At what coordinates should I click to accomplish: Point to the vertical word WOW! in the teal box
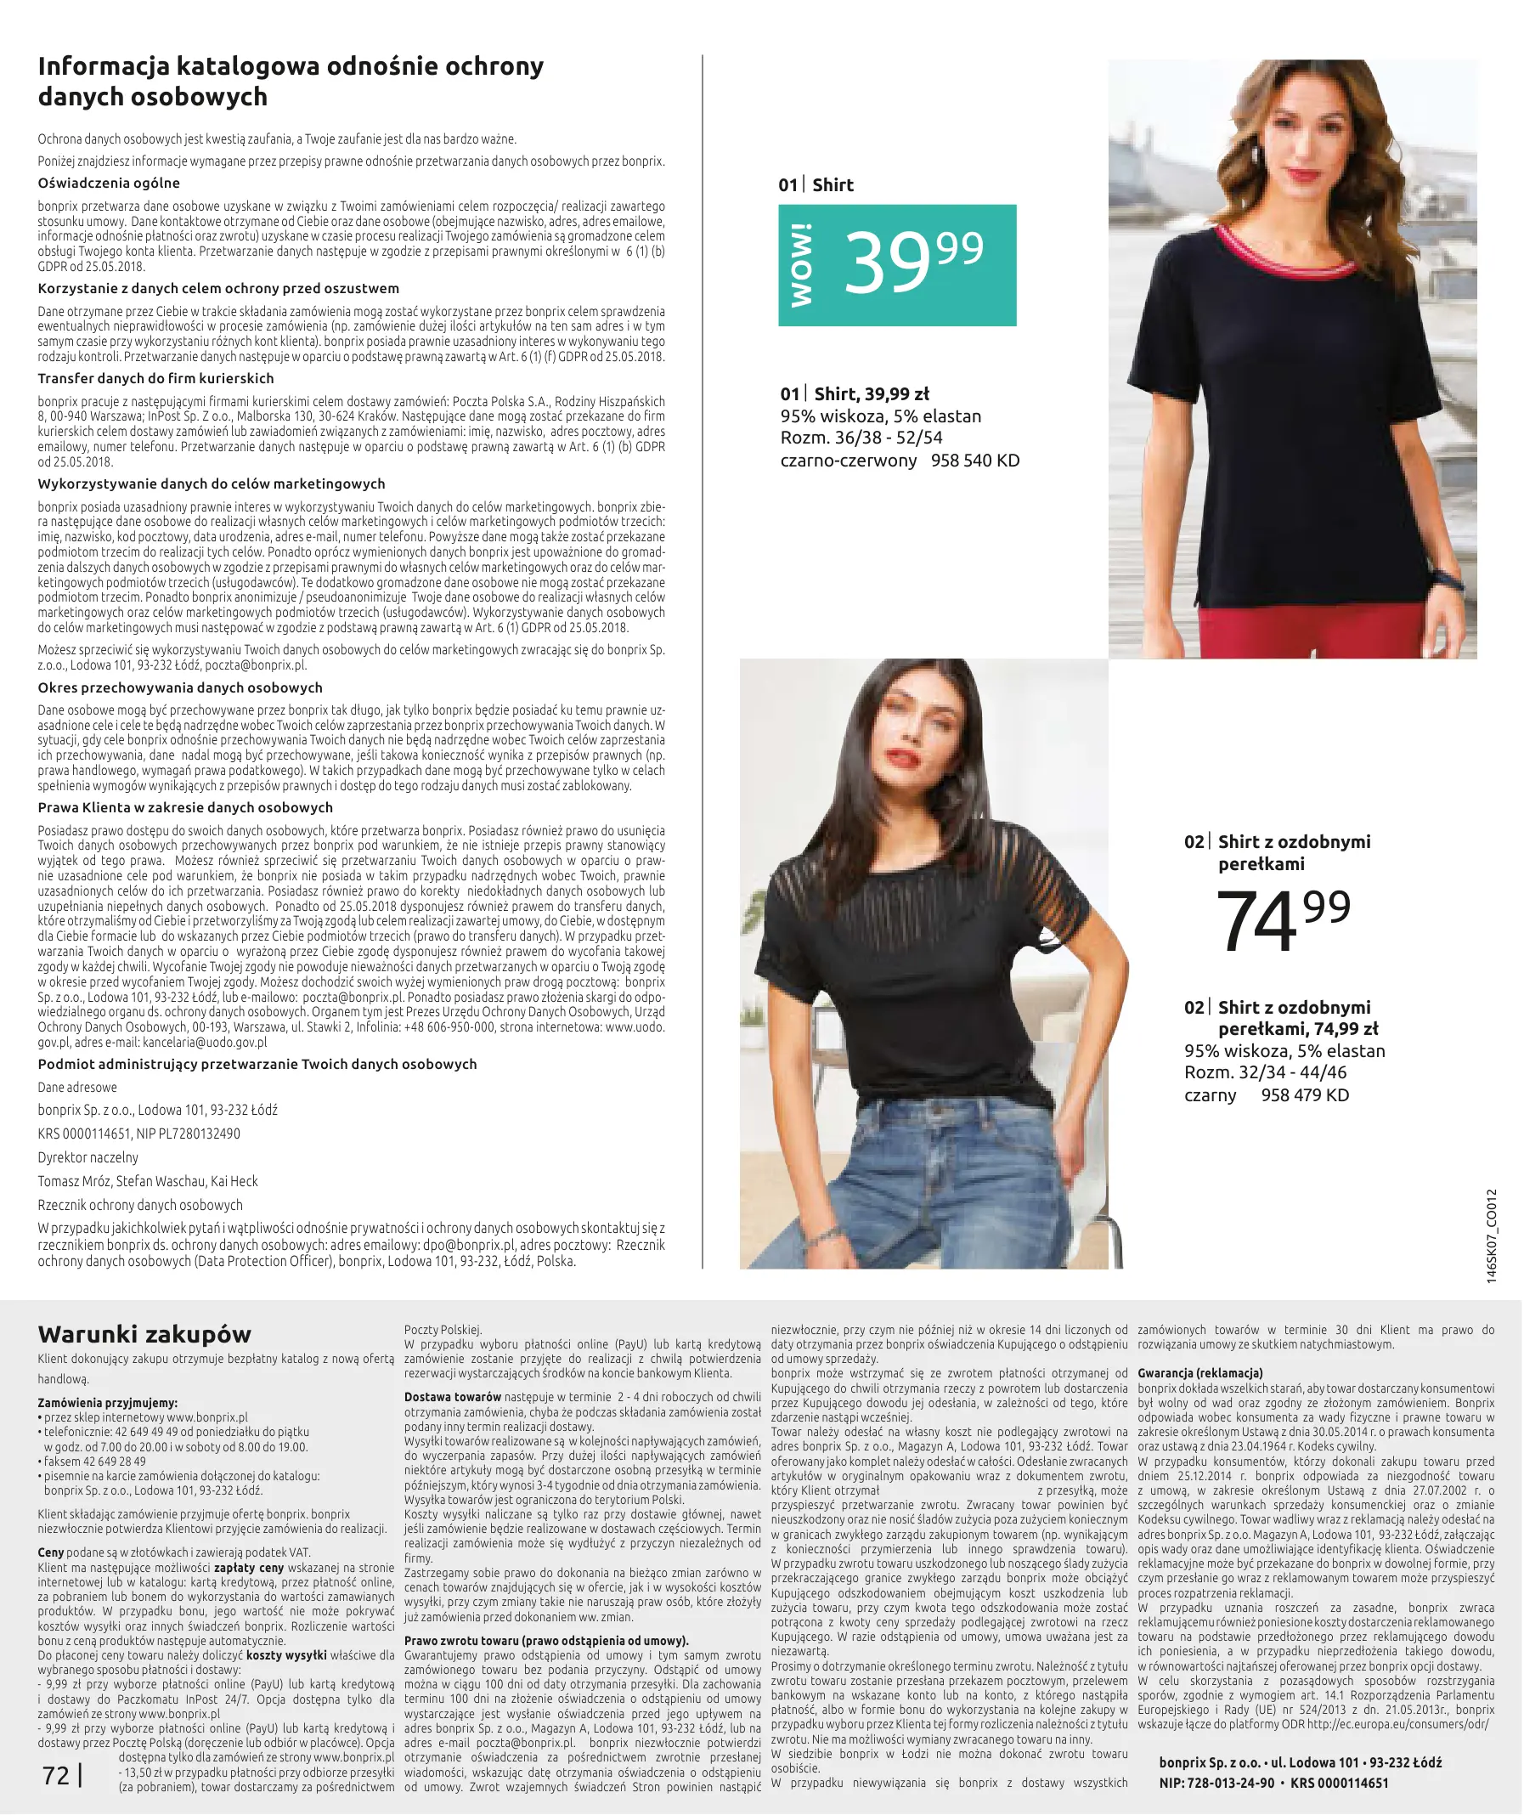pyautogui.click(x=801, y=264)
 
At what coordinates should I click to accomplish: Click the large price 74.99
pyautogui.click(x=1282, y=921)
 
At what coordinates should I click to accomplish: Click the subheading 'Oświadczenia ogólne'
pyautogui.click(x=109, y=184)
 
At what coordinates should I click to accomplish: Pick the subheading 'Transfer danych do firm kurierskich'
pyautogui.click(x=155, y=379)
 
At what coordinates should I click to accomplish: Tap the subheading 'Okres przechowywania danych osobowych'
pyautogui.click(x=180, y=688)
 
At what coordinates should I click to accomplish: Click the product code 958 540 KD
pyautogui.click(x=974, y=461)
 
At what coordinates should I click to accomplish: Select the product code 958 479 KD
pyautogui.click(x=1305, y=1095)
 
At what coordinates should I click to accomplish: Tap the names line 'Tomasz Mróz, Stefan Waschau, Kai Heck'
pyautogui.click(x=148, y=1181)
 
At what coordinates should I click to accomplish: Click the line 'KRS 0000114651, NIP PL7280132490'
pyautogui.click(x=139, y=1133)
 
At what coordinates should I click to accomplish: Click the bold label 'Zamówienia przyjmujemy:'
pyautogui.click(x=108, y=1404)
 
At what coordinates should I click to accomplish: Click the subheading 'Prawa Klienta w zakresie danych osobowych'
pyautogui.click(x=185, y=808)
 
